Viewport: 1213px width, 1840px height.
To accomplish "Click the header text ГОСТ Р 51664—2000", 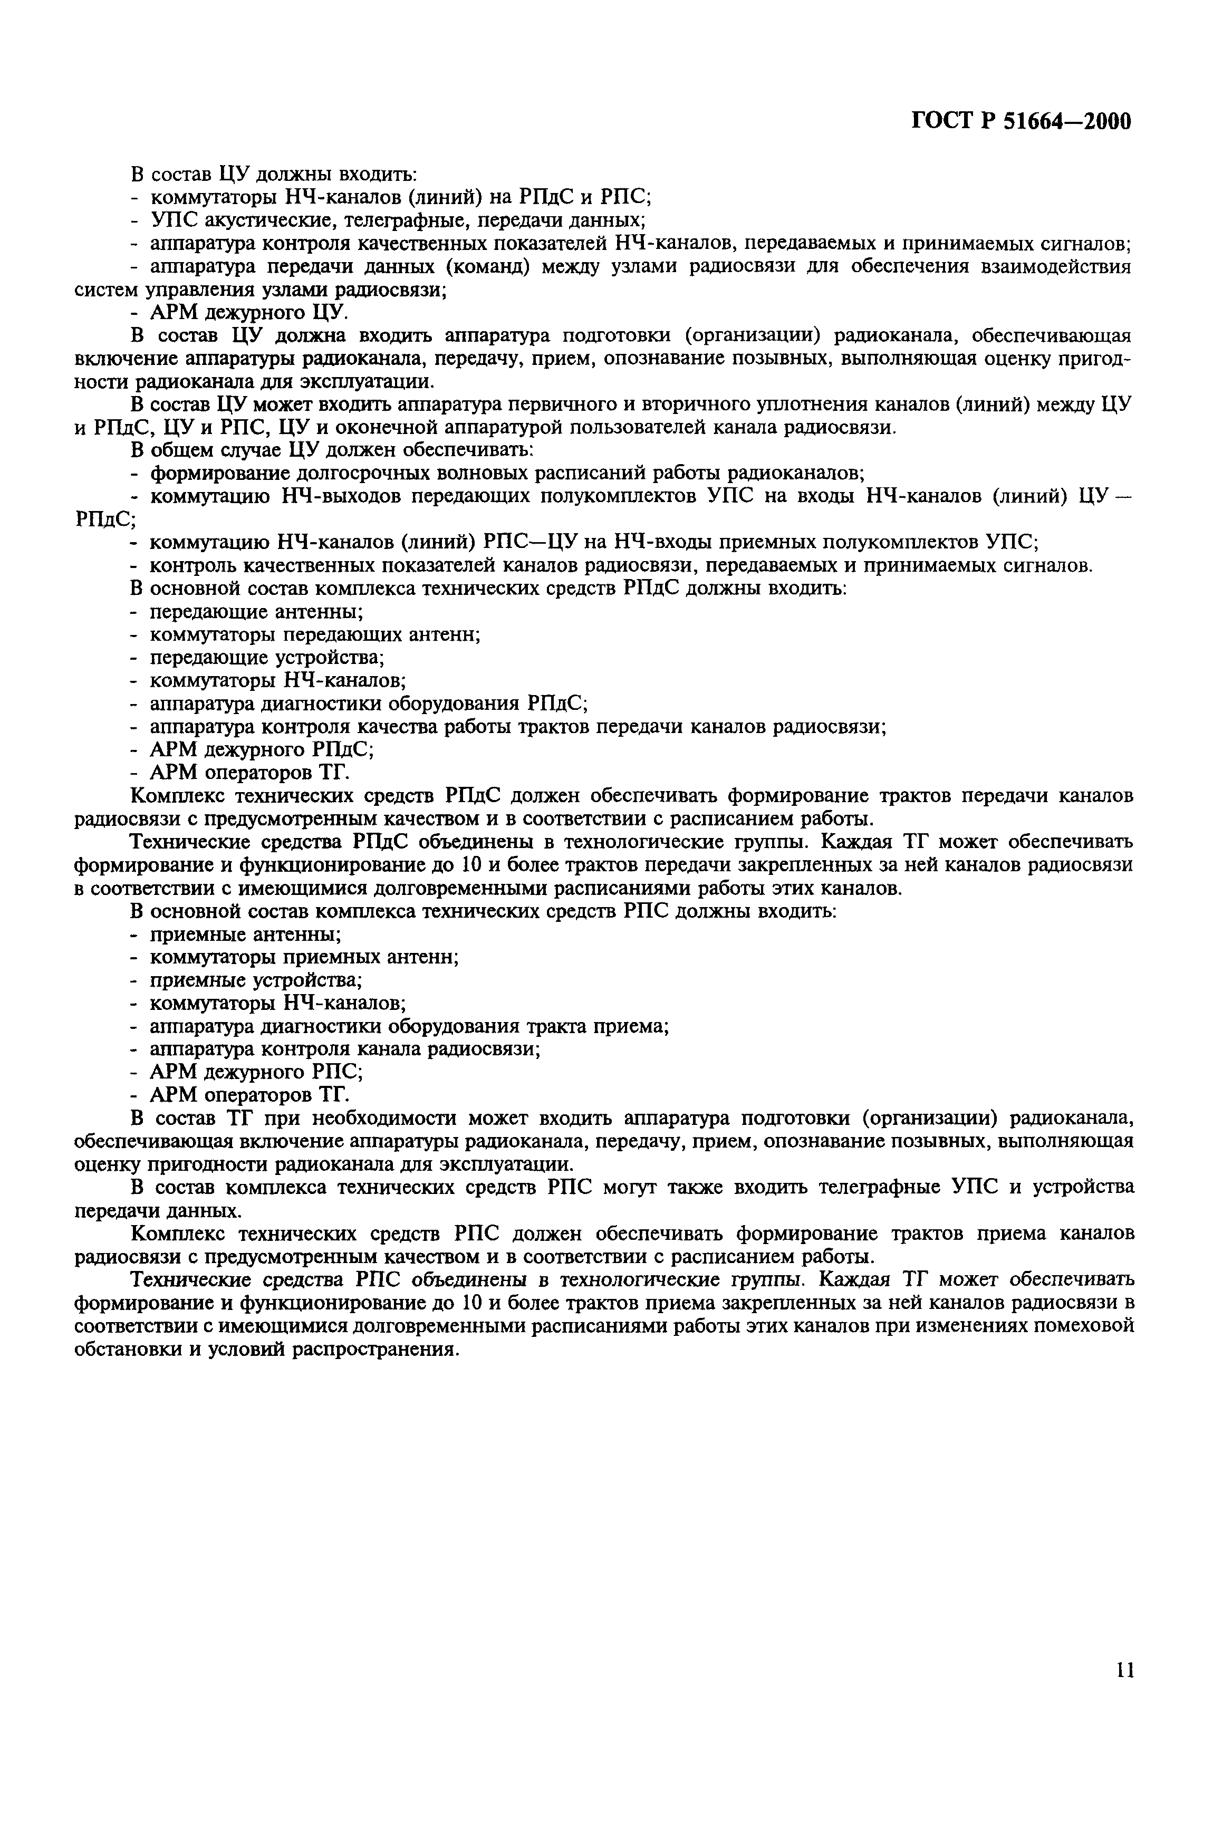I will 1022,121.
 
